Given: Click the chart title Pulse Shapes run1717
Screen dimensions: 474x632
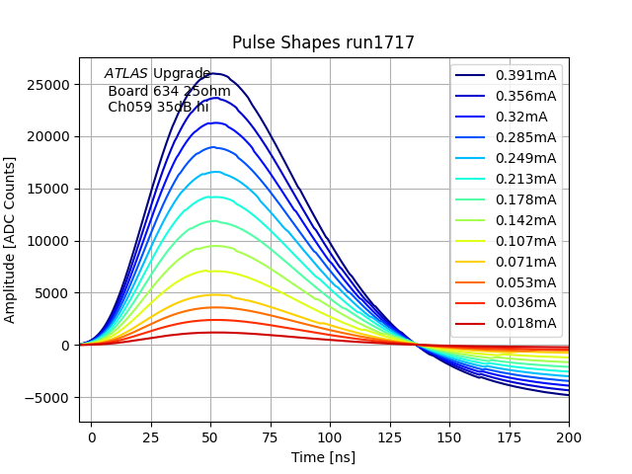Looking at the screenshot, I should click(x=323, y=42).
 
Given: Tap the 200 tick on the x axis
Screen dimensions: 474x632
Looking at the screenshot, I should click(x=569, y=435).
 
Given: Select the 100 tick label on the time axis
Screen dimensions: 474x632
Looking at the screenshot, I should click(x=330, y=435).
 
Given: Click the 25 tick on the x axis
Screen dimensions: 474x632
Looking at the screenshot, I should click(x=151, y=435).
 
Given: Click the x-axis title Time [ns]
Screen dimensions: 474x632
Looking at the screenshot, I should click(x=323, y=457).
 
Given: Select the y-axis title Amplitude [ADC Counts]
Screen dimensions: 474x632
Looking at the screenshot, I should click(x=11, y=240).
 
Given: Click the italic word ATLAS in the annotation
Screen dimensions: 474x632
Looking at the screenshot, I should click(x=126, y=73).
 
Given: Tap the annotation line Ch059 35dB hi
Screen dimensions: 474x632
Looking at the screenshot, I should click(x=158, y=107).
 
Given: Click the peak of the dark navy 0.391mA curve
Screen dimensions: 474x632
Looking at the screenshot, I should click(x=215, y=73).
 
